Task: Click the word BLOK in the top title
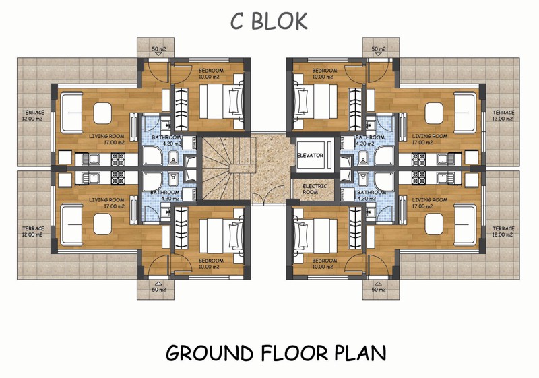(x=279, y=22)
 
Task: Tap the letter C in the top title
(x=237, y=22)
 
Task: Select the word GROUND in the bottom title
(x=210, y=353)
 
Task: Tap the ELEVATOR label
(x=310, y=156)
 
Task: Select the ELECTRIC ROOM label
(x=314, y=189)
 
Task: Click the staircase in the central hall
(x=226, y=168)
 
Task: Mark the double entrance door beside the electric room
(x=269, y=195)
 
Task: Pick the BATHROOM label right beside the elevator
(x=370, y=141)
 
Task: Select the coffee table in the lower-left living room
(x=102, y=224)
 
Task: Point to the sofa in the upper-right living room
(x=465, y=112)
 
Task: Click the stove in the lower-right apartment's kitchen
(x=418, y=178)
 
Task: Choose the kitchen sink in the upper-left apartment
(x=90, y=159)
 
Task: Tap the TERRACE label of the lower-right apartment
(x=503, y=231)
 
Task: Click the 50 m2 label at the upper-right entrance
(x=379, y=49)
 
